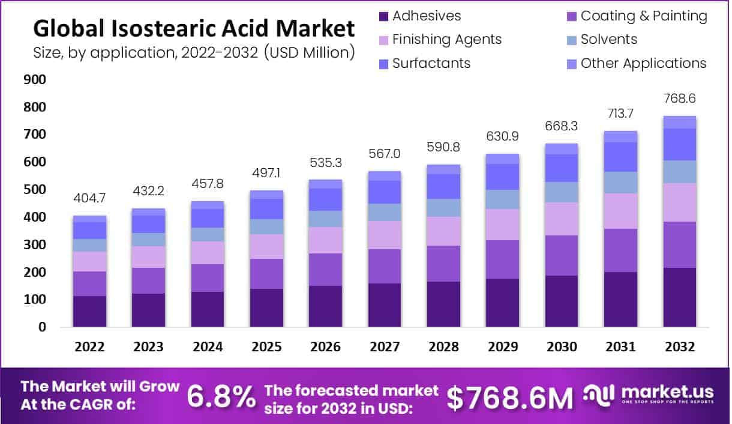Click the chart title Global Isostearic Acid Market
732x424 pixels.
[193, 28]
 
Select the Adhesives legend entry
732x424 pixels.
[426, 16]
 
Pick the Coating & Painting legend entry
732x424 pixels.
[644, 16]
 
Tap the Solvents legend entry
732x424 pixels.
[609, 40]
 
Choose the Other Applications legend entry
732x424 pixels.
[643, 63]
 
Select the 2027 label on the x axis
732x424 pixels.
[385, 347]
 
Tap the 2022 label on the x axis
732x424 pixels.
[89, 347]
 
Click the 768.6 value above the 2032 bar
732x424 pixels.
[679, 98]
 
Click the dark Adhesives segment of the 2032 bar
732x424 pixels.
[679, 297]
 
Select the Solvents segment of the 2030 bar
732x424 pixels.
[562, 192]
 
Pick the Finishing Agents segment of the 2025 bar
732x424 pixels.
[266, 246]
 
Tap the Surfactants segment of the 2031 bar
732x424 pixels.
[620, 157]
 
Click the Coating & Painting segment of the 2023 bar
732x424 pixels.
[148, 280]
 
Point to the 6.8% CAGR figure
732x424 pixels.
[221, 396]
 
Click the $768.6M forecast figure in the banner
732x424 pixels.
[510, 397]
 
